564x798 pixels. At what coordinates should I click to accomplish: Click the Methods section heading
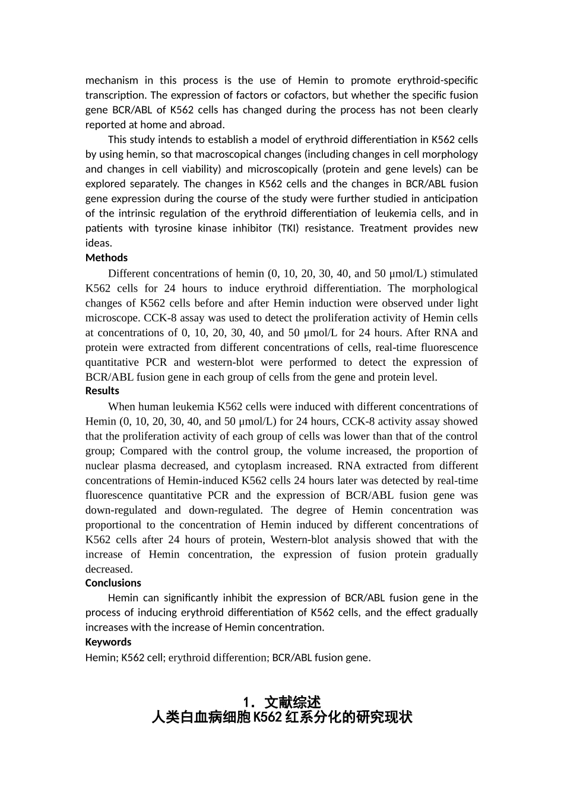pos(106,258)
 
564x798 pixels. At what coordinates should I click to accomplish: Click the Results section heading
pos(102,391)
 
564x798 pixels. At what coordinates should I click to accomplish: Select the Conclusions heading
pos(113,583)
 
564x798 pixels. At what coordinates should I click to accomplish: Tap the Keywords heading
pos(108,642)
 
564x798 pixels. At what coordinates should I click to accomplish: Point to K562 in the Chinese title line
pos(267,717)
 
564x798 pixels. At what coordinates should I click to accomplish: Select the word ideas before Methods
pos(99,243)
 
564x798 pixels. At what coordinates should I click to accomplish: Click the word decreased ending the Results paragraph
pos(108,569)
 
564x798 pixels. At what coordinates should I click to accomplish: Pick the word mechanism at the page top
pos(112,80)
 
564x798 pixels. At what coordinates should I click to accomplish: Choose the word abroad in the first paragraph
pos(207,125)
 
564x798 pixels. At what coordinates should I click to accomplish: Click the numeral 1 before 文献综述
pos(247,702)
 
